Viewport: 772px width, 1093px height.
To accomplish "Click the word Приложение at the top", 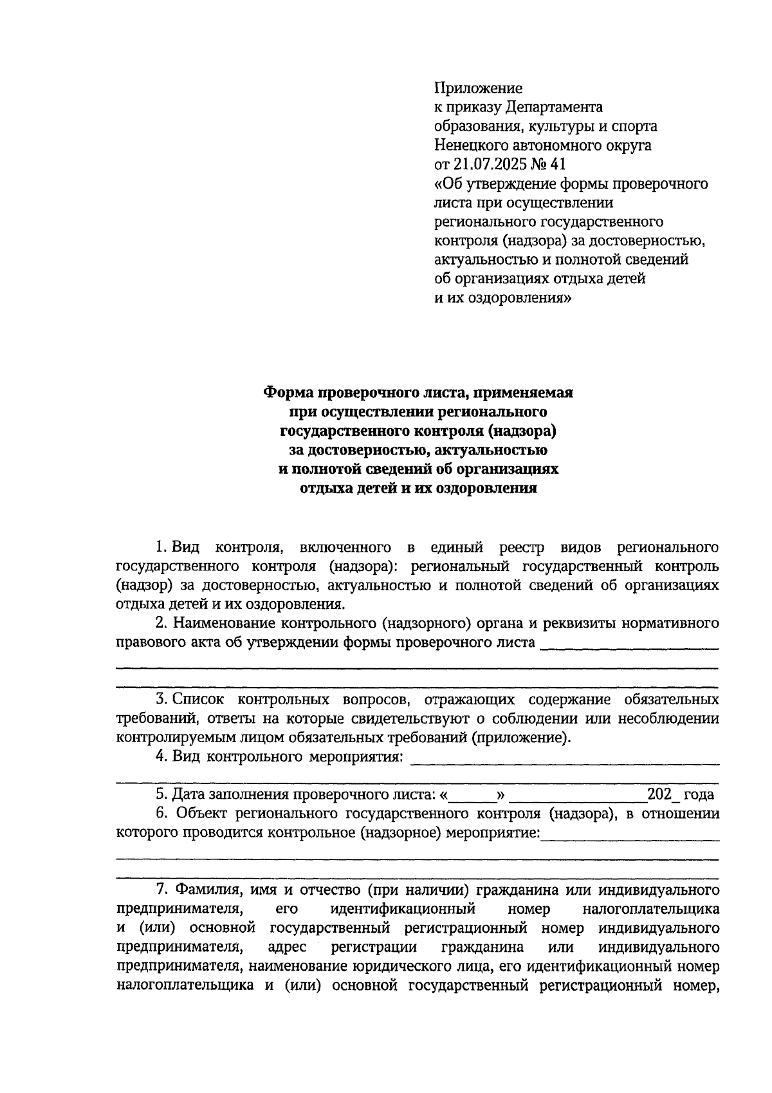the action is (x=479, y=88).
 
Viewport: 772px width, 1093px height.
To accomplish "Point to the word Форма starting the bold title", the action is (x=288, y=392).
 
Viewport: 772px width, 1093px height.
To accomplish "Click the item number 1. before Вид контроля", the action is (x=161, y=548).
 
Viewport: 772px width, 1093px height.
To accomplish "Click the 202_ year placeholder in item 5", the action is (x=663, y=795).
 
